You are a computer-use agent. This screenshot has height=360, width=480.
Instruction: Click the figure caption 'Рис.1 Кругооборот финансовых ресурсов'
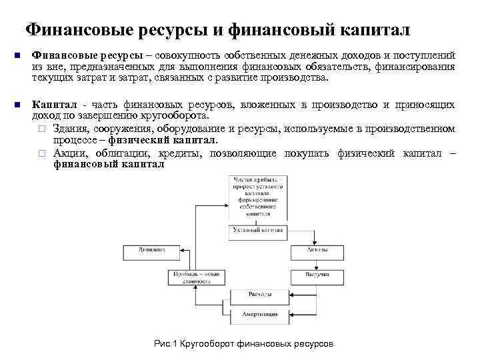243,343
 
